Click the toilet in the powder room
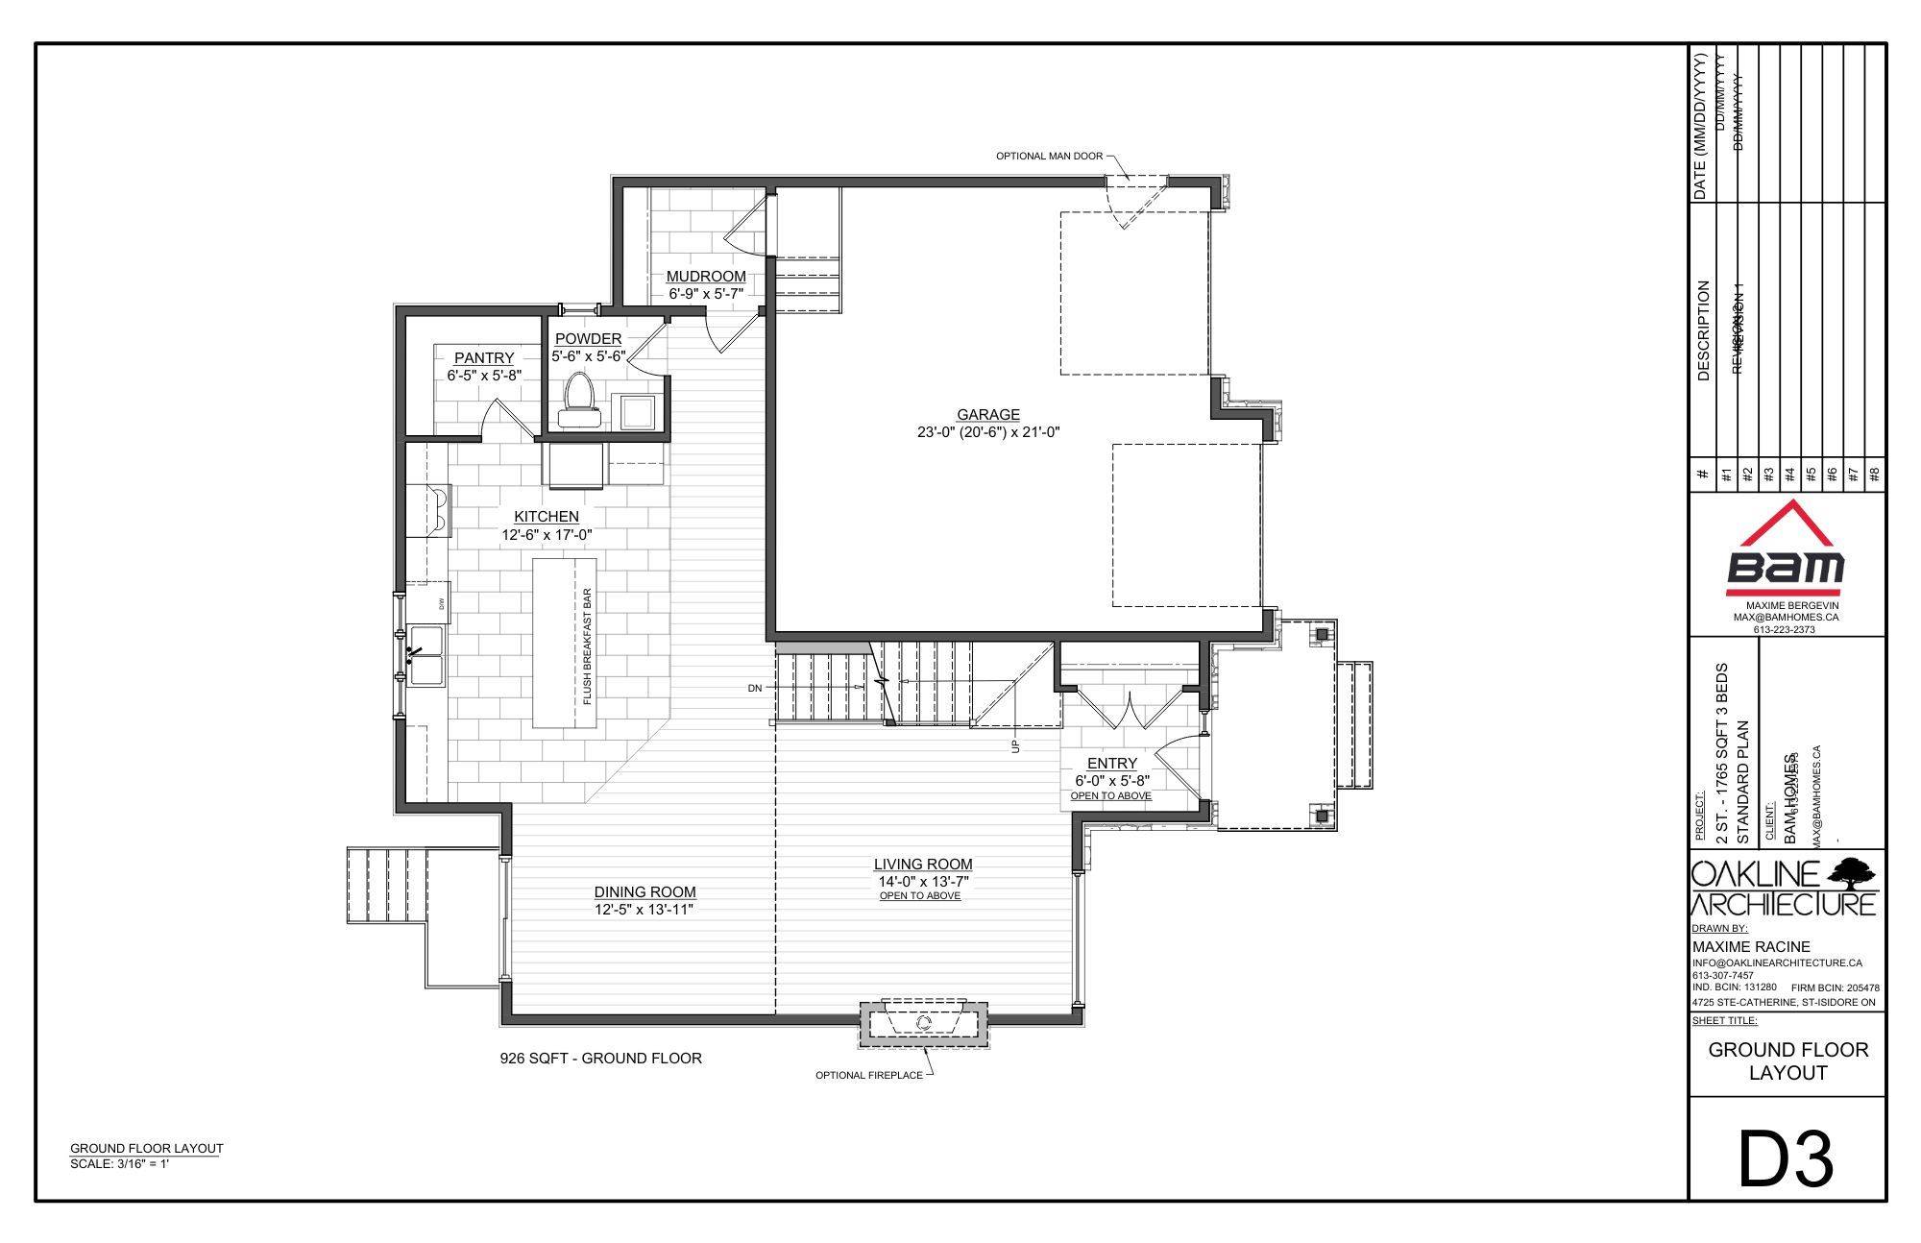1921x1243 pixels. point(579,399)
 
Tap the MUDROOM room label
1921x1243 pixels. point(706,277)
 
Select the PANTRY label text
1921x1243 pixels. point(484,358)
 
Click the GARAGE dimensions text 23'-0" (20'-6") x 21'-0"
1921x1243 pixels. point(987,432)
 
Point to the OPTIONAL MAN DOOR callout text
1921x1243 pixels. point(1048,156)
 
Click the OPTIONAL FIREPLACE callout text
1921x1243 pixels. point(868,1075)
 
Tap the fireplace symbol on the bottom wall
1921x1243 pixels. point(924,1023)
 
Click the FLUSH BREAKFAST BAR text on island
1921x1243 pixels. point(587,646)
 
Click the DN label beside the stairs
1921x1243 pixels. point(755,688)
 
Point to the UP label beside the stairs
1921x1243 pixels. point(1015,745)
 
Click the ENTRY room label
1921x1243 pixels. point(1111,764)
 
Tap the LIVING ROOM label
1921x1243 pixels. point(922,865)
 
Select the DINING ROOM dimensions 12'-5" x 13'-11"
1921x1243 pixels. point(644,909)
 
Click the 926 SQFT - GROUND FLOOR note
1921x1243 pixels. point(600,1059)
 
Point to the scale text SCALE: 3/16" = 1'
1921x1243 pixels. point(119,1164)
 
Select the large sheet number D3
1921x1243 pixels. point(1786,1159)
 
